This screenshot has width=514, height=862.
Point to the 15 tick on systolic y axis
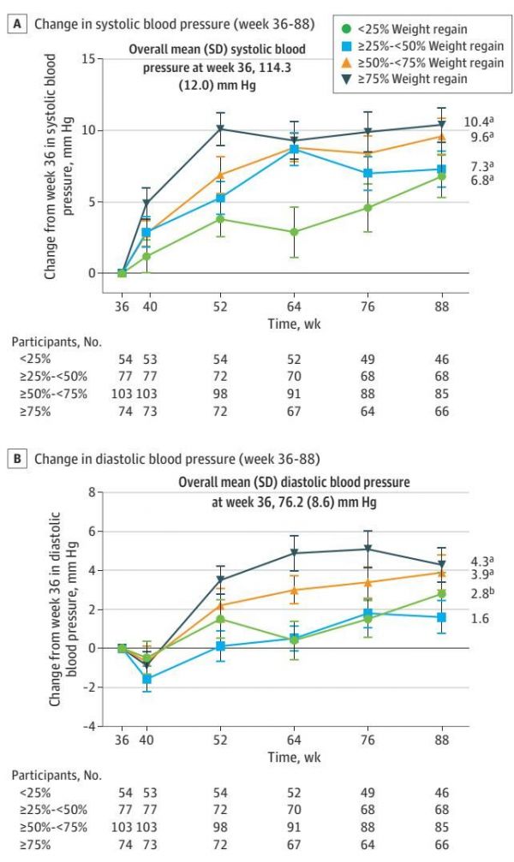pyautogui.click(x=88, y=59)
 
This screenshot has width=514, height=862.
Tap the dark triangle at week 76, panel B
pyautogui.click(x=368, y=549)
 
